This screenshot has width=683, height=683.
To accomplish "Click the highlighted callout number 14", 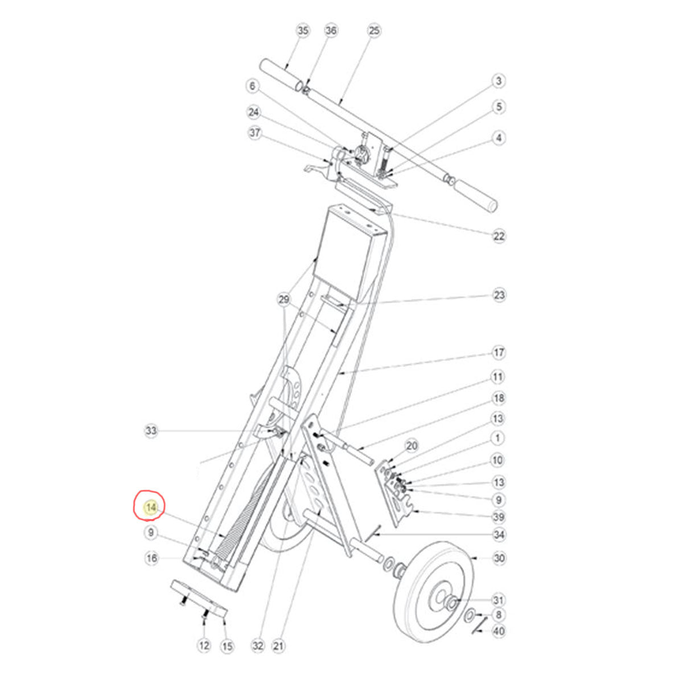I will point(150,507).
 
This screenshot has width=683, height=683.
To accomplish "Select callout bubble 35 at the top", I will point(303,30).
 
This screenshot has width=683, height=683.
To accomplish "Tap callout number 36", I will point(331,30).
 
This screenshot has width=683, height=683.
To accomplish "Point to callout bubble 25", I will point(373,30).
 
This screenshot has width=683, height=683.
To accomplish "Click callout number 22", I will point(499,236).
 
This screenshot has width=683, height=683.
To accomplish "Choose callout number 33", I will point(150,431).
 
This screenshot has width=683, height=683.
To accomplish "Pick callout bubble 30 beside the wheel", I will point(499,558).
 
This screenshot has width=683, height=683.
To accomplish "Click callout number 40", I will point(499,631).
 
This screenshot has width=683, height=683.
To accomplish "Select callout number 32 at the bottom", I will point(258,646).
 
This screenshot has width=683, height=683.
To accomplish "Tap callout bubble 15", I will point(227,646).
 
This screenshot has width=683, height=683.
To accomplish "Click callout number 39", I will point(499,517).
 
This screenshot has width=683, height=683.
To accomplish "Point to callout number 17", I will point(499,353).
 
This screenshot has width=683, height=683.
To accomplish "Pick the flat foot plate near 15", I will point(199,598).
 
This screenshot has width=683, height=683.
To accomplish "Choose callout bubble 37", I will point(254,133).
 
